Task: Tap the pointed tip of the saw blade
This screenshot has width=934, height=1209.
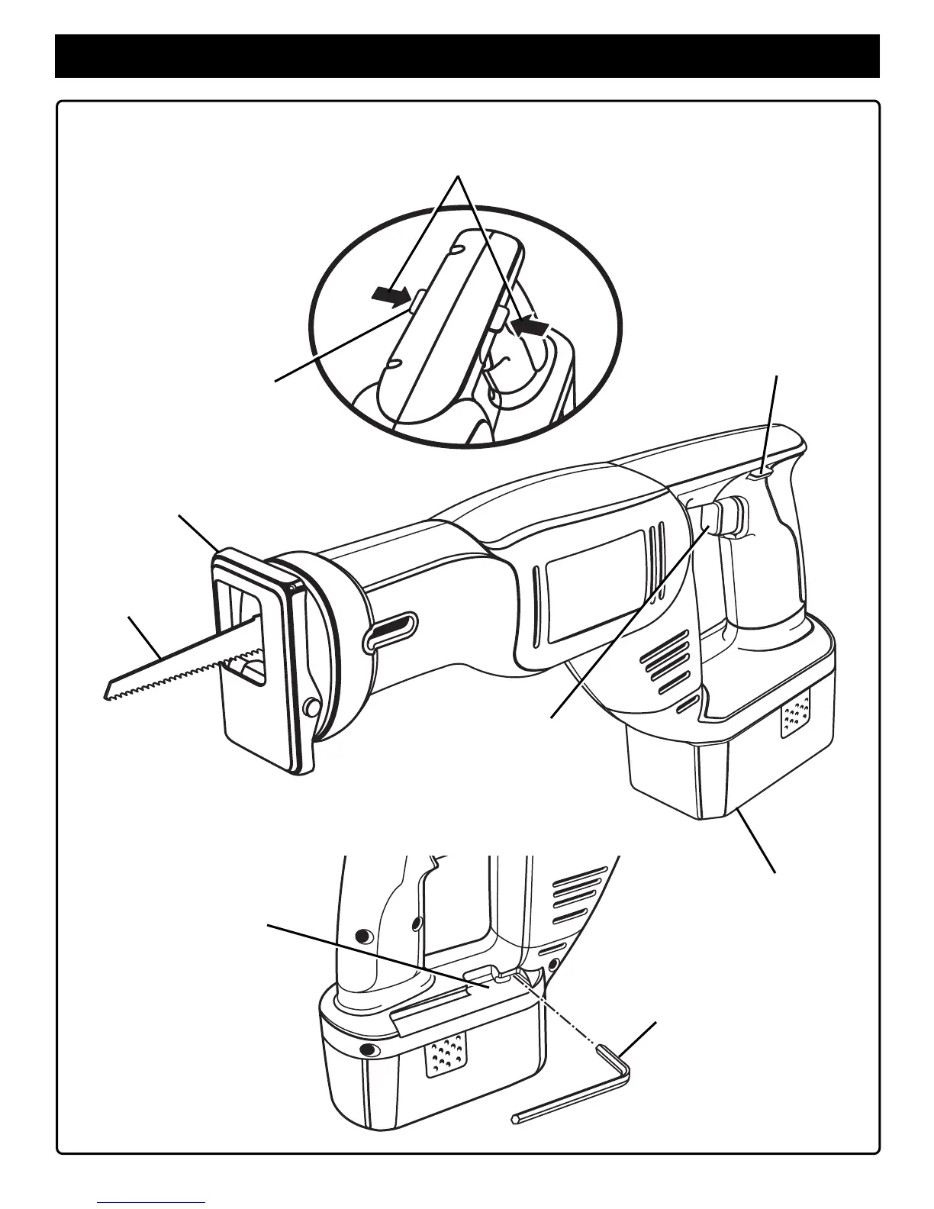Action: click(107, 695)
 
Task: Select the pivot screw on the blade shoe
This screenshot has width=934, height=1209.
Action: click(311, 708)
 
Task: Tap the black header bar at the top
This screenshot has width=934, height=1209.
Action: click(467, 56)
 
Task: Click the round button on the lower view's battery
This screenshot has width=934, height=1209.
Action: click(370, 1051)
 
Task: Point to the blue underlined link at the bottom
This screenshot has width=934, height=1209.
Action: click(153, 1201)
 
